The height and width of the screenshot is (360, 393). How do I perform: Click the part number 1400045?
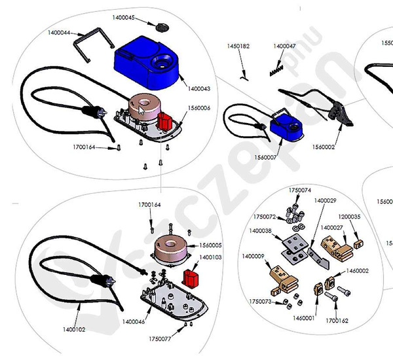(x=124, y=18)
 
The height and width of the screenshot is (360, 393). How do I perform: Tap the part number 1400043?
(x=198, y=88)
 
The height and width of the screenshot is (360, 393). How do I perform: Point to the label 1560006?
(x=198, y=108)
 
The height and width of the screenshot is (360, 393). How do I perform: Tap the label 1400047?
(x=284, y=46)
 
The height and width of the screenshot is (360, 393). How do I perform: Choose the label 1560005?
(x=210, y=245)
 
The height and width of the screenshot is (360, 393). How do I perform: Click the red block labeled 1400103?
(x=191, y=276)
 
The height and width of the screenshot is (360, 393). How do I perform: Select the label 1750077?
(x=159, y=339)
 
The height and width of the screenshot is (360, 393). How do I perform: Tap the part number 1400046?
(x=134, y=322)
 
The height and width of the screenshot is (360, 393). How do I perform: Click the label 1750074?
(x=300, y=190)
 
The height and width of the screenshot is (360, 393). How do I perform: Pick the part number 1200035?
(x=349, y=216)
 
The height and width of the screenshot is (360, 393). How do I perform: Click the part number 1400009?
(x=253, y=256)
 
